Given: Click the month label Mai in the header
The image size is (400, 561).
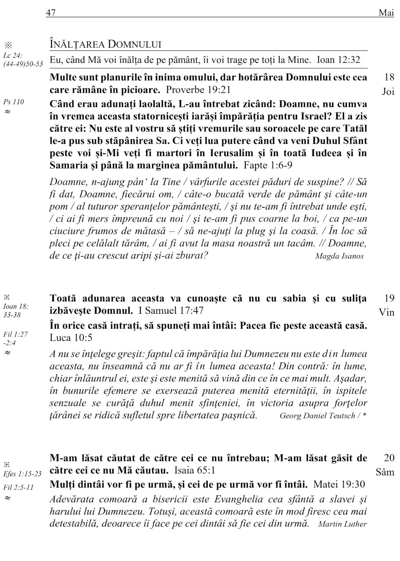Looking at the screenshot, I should point(386,13).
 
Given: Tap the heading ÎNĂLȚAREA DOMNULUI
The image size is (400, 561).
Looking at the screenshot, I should point(105,44).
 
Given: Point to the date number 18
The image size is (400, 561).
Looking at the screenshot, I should point(389,77).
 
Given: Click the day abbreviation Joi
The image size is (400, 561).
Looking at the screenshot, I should point(388,92).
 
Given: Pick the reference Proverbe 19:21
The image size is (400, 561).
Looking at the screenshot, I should point(198,90).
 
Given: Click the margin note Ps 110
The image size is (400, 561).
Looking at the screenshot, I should point(13,102).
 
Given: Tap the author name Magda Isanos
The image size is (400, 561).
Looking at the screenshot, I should point(339,256).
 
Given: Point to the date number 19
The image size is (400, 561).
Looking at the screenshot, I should point(389,298).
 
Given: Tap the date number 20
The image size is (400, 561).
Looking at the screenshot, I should point(389,458).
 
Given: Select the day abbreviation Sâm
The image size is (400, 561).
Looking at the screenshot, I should point(385,472).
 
